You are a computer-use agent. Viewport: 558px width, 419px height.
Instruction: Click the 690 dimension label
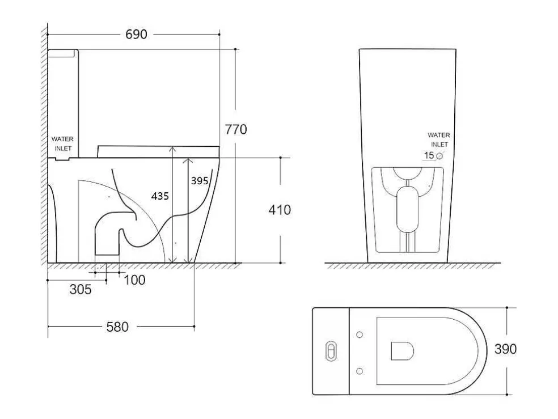pos(136,35)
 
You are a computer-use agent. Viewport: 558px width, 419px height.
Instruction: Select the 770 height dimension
pos(235,129)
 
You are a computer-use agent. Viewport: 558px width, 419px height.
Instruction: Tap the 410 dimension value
pos(280,210)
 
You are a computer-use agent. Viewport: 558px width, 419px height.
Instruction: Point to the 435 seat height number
pos(160,196)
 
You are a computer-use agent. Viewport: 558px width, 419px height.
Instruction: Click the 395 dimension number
pos(199,181)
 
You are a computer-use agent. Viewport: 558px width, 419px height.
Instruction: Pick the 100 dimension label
pos(134,280)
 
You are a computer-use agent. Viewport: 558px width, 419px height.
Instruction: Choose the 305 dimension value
pos(81,290)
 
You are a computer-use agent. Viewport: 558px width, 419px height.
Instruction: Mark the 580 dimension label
pos(117,327)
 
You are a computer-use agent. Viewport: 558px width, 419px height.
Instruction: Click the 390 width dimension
pos(505,349)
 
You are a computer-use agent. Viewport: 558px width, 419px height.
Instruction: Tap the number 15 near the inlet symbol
pos(429,155)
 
